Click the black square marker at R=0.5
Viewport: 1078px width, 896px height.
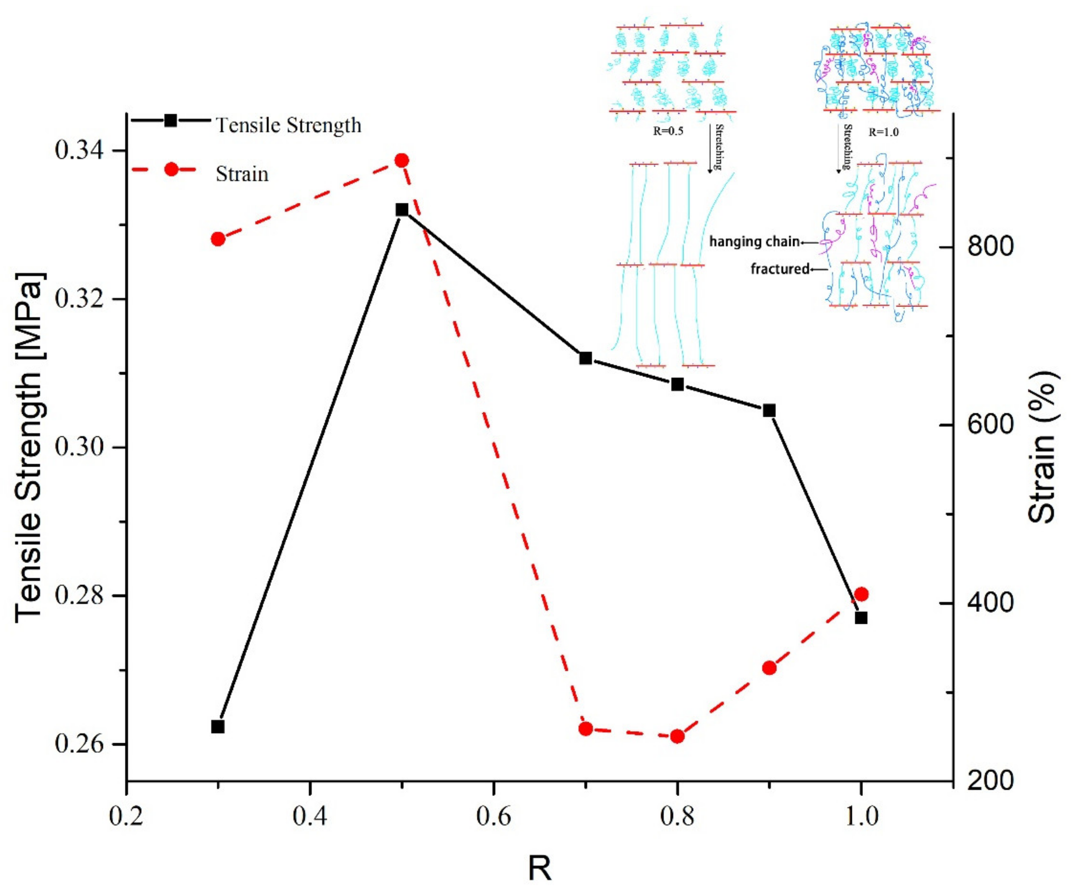pos(402,210)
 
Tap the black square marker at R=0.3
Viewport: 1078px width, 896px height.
pos(218,726)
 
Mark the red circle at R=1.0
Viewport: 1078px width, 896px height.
pos(861,595)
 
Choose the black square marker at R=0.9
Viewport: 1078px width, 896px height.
pos(769,410)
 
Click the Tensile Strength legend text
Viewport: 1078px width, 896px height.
pos(288,125)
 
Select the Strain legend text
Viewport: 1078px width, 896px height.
pos(242,174)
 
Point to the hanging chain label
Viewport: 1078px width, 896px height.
pos(754,241)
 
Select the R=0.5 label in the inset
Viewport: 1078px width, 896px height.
pos(668,131)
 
